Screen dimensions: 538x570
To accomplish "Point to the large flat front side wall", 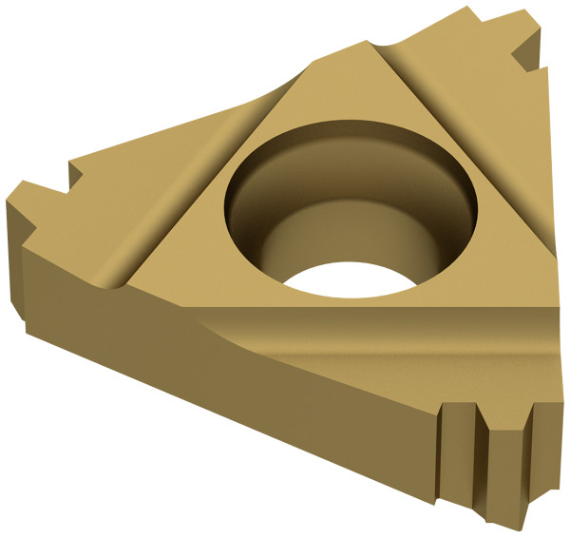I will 237,409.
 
